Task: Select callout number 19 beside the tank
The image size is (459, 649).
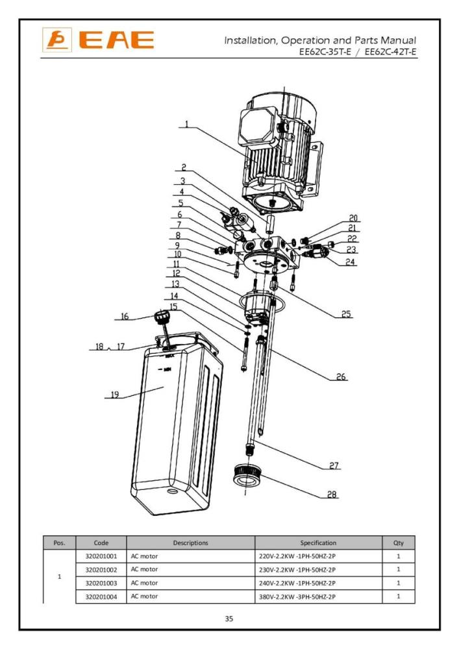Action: [114, 393]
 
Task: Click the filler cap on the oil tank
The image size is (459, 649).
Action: [160, 317]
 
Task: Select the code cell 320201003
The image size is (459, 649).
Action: [101, 583]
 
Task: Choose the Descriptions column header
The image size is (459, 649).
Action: [190, 543]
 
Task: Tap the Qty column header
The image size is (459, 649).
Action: [398, 543]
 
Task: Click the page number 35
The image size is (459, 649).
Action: [229, 619]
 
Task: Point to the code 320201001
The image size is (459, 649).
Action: [101, 557]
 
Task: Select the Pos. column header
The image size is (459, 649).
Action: [59, 543]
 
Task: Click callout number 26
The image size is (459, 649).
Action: [341, 376]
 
